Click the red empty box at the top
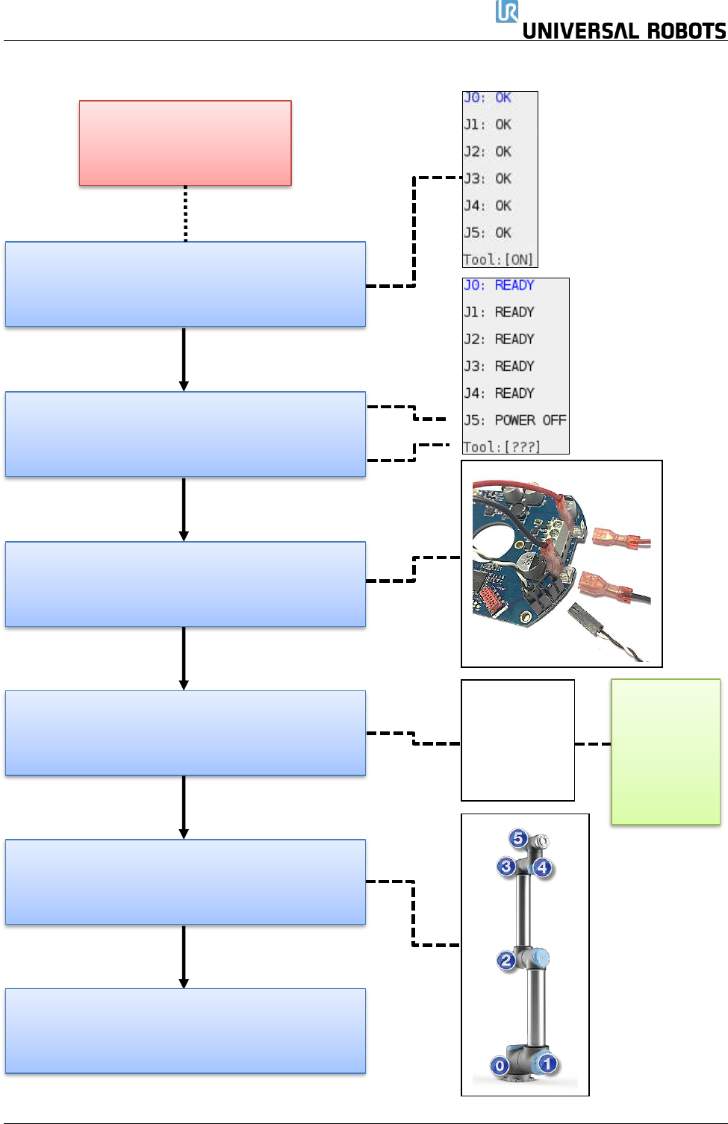coord(185,143)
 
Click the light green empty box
coord(666,752)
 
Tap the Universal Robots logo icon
coord(506,11)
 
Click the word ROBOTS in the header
coord(687,31)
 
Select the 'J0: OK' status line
coord(487,97)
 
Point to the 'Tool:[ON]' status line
coord(498,260)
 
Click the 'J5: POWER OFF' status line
coord(515,420)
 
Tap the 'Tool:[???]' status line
coord(502,446)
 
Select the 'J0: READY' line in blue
coord(499,285)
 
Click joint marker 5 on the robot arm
coord(518,838)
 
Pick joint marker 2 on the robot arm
coord(506,961)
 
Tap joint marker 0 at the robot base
coord(500,1065)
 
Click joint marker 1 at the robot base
coord(547,1064)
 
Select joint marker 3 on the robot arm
coord(506,867)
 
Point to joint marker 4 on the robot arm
coord(542,867)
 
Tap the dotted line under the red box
coord(186,213)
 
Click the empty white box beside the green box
coord(517,740)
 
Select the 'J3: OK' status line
coord(487,178)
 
